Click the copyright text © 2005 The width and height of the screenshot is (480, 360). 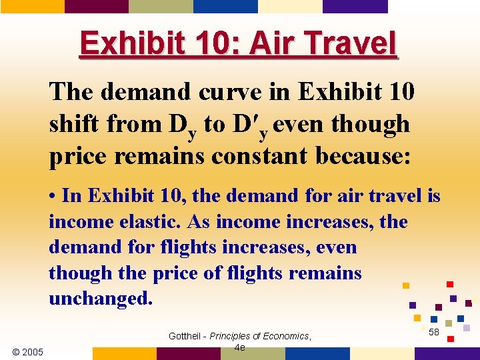tap(28, 351)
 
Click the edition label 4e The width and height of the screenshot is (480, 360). tap(240, 347)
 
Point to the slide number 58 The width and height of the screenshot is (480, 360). tap(434, 331)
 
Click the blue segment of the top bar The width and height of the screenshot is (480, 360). tap(225, 6)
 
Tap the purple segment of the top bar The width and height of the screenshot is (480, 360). tap(355, 6)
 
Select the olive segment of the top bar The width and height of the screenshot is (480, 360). tap(161, 6)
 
